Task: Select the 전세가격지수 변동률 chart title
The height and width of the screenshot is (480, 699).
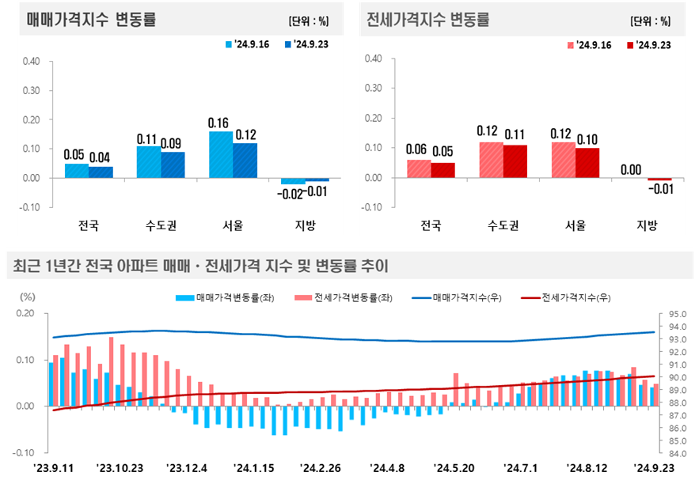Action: coord(428,21)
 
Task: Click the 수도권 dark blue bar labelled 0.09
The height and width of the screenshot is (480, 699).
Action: coord(173,164)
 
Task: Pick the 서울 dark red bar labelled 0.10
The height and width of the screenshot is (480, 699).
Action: coord(587,163)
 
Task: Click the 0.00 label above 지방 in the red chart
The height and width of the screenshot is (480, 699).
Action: coord(631,169)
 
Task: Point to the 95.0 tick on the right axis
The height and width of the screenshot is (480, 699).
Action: coord(678,314)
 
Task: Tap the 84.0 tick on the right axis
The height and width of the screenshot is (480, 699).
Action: coord(678,454)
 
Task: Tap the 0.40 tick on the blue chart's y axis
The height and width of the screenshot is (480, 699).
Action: coord(31,60)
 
